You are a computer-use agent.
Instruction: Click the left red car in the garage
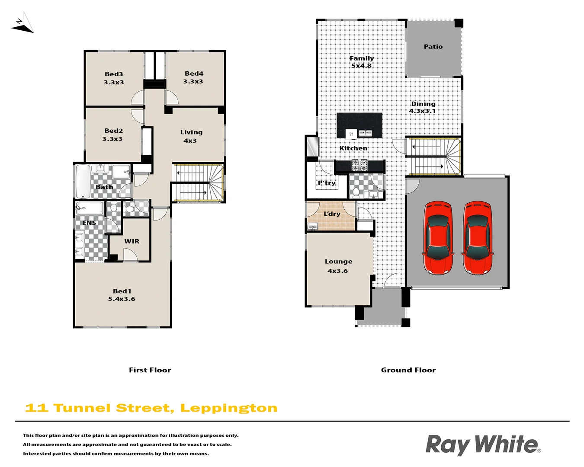tap(439, 238)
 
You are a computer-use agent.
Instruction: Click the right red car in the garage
tap(478, 238)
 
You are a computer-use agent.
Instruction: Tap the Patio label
tap(433, 47)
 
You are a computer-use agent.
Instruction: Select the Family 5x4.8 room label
tap(362, 62)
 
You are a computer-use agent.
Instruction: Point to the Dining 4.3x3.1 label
tap(423, 107)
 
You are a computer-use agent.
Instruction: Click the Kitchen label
tap(353, 148)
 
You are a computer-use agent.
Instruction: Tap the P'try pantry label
tap(327, 183)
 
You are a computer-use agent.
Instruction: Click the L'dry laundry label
tap(332, 214)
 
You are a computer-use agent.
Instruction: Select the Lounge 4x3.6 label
tap(338, 266)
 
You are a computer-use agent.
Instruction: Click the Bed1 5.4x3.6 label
tap(122, 295)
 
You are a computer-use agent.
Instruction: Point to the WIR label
tap(132, 241)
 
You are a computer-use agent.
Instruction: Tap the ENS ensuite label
tap(89, 223)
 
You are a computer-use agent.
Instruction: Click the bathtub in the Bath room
tap(83, 181)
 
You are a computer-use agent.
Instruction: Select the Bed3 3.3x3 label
tap(114, 78)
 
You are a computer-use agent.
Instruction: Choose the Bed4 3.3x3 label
tap(193, 77)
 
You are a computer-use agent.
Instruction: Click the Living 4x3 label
tap(191, 136)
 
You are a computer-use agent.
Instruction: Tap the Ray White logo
tap(483, 445)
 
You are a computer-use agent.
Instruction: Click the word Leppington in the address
tap(228, 408)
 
